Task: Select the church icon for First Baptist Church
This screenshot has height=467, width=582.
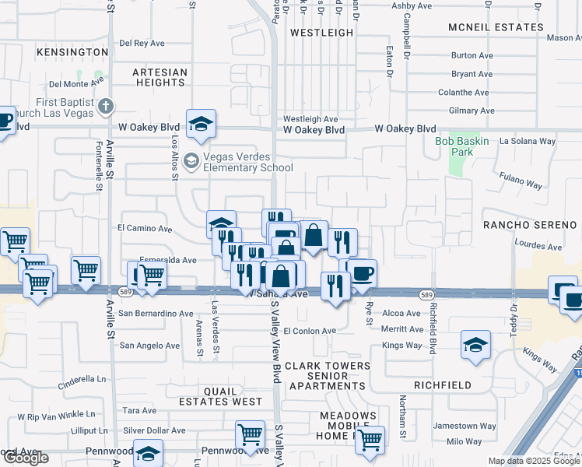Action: (x=107, y=105)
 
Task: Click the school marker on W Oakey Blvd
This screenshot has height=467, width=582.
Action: (x=201, y=124)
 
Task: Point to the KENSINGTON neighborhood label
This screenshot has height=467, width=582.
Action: (x=71, y=52)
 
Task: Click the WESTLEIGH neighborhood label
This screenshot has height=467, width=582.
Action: (x=321, y=33)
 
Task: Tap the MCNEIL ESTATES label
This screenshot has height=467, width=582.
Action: (x=496, y=27)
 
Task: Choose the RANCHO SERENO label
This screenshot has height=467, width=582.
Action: (x=522, y=225)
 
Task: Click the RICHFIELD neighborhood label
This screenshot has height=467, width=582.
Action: (x=442, y=384)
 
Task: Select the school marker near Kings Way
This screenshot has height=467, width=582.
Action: (x=475, y=345)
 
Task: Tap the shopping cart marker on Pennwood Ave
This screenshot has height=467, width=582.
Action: (x=250, y=435)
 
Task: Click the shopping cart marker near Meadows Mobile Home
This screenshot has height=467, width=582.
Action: (x=370, y=440)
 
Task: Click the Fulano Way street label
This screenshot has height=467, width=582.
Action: (x=521, y=184)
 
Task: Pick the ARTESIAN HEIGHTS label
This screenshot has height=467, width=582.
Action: (x=160, y=77)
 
